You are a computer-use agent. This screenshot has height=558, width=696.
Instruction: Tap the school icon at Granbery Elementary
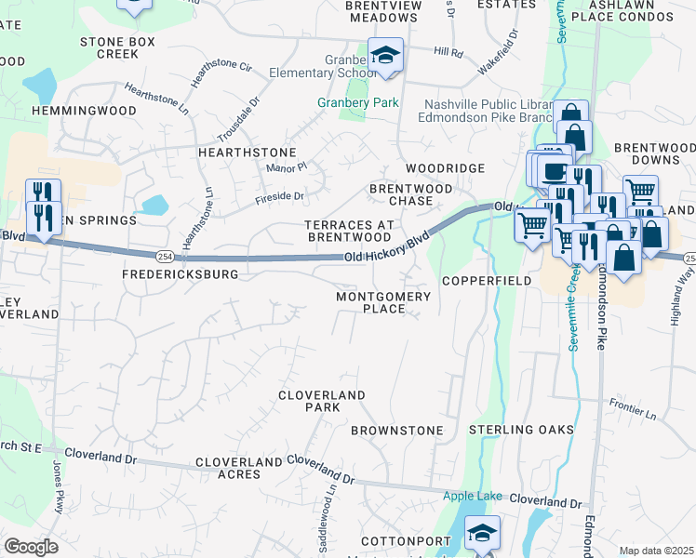384,55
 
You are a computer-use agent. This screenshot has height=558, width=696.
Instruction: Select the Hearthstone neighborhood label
247,152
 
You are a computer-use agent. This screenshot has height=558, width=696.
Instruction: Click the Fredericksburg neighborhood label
181,275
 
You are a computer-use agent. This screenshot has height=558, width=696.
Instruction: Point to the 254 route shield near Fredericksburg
165,254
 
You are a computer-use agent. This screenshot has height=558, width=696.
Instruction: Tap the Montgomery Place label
383,302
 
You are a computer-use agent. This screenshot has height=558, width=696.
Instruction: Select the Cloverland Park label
322,401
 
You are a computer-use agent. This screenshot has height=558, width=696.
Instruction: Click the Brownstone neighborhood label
396,431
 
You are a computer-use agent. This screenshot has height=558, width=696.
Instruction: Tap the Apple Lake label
472,496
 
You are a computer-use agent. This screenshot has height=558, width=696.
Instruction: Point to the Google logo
31,547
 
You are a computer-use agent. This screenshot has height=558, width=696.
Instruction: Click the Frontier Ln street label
633,405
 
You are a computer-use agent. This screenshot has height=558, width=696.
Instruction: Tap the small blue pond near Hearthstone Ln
154,204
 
